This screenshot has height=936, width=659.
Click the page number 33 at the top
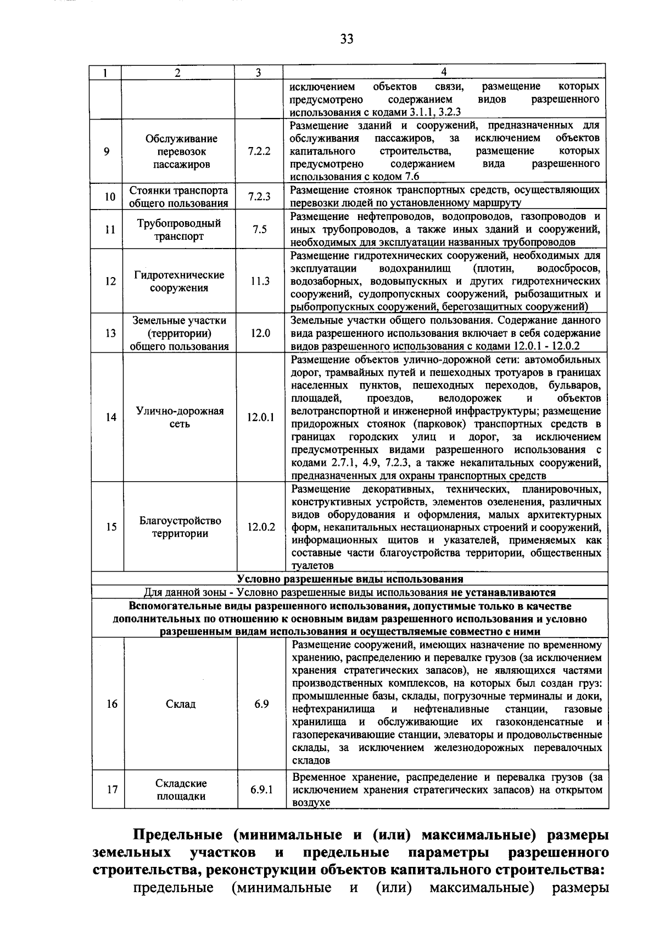[x=347, y=38]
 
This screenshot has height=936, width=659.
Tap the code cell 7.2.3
[x=259, y=196]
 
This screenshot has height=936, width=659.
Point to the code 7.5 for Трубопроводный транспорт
[x=259, y=229]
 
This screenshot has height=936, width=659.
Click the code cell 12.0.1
[x=260, y=417]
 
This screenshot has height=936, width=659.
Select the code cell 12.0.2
[x=261, y=527]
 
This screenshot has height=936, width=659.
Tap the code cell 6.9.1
[x=261, y=790]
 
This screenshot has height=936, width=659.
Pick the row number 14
[x=111, y=417]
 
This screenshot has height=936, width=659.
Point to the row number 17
[x=112, y=790]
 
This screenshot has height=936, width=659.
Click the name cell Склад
[x=181, y=704]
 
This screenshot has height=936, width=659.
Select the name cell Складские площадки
[x=181, y=790]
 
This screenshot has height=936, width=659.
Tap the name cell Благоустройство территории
[x=180, y=527]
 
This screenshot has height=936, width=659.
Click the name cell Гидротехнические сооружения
[x=179, y=281]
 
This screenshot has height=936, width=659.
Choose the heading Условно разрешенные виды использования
[x=350, y=579]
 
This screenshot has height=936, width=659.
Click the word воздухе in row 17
[x=311, y=803]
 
